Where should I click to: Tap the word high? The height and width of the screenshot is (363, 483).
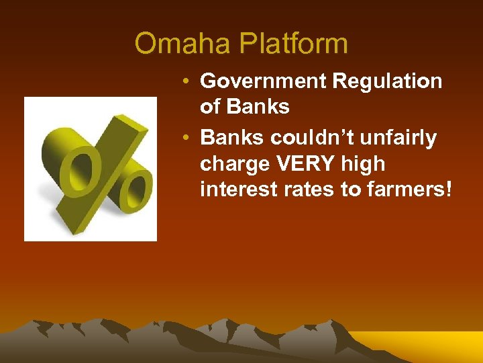pyautogui.click(x=362, y=165)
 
